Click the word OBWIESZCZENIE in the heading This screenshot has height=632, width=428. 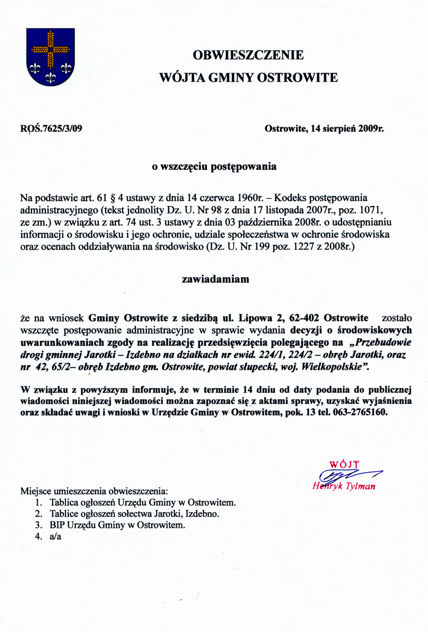248,55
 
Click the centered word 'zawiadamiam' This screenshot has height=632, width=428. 215,279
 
